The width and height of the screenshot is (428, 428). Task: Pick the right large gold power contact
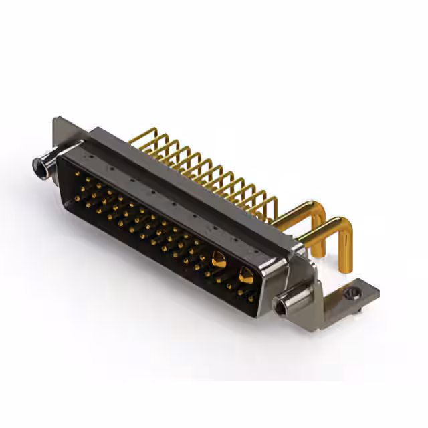245,274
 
